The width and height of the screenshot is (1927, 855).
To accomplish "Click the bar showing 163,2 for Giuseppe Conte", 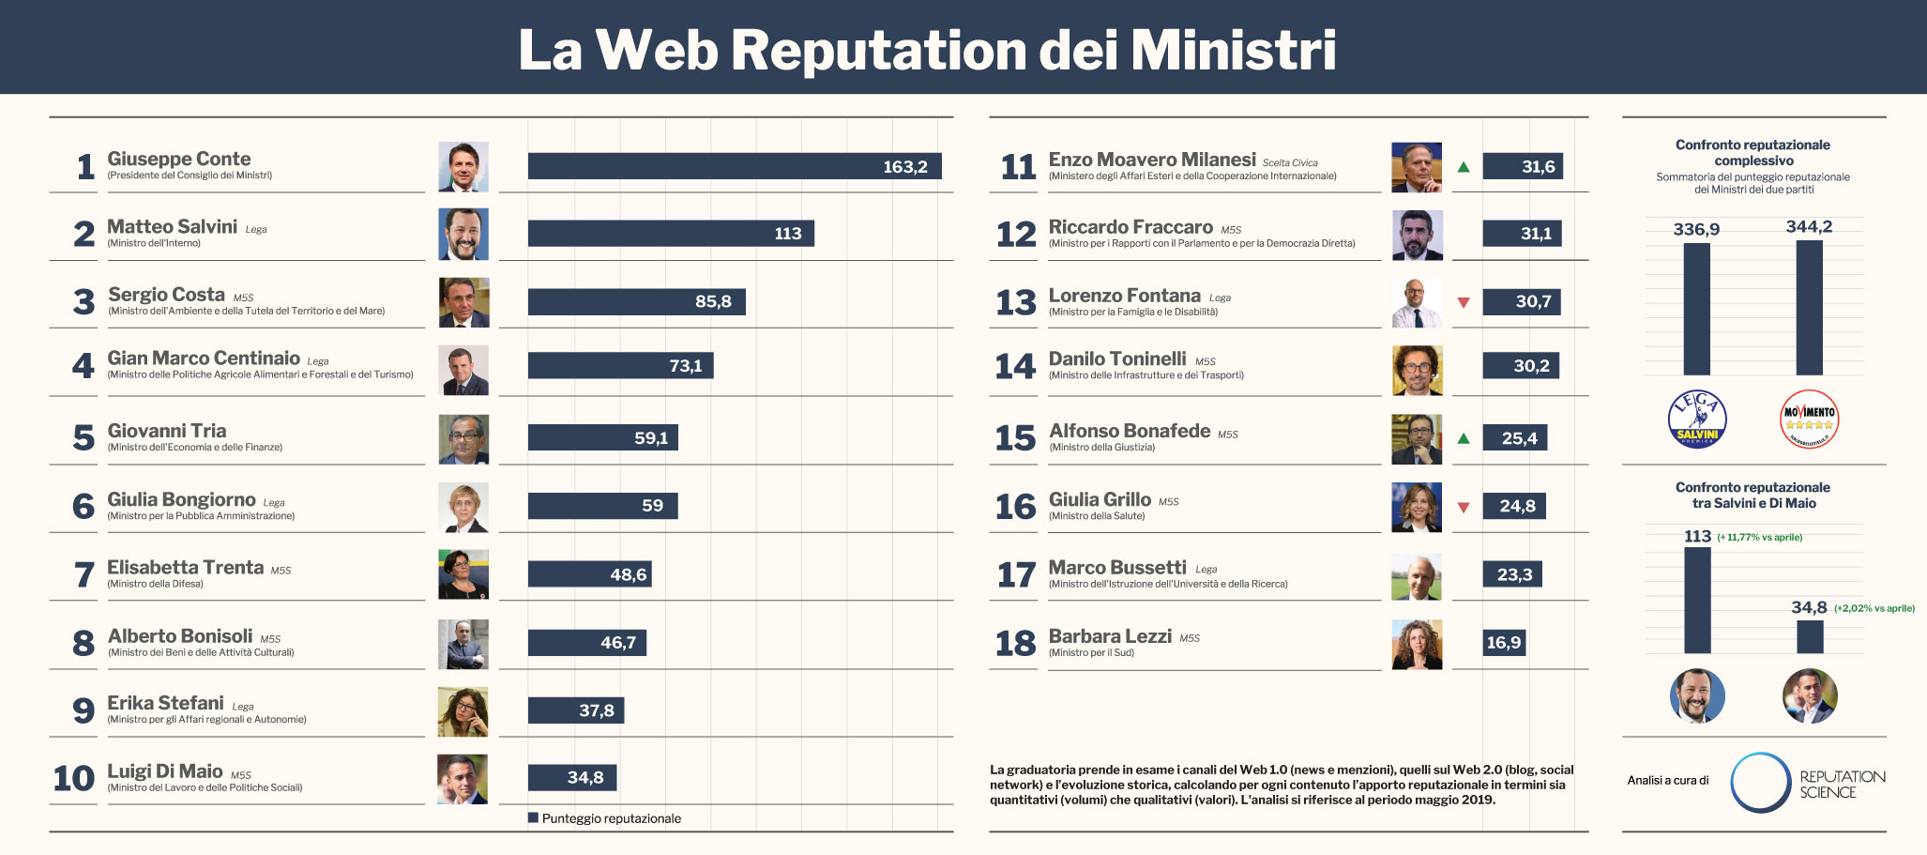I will (x=734, y=166).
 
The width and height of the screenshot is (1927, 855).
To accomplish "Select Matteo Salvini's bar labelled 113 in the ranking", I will (x=670, y=234).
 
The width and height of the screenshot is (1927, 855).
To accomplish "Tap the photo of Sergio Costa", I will (x=463, y=302).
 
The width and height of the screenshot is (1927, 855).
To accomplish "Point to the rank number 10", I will (x=74, y=778).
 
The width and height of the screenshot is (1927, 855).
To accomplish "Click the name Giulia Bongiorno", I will (x=181, y=499).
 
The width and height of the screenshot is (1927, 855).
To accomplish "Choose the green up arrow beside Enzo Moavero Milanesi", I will (x=1463, y=167).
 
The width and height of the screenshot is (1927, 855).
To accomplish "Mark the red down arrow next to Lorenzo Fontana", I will (x=1463, y=302).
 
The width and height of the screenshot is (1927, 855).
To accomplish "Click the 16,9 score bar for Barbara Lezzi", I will (x=1503, y=643).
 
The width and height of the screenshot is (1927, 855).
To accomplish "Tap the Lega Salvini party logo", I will (x=1696, y=419).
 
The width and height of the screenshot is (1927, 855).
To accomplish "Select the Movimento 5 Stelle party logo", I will (x=1809, y=419).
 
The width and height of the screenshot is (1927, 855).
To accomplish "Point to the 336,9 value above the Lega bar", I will (x=1696, y=229).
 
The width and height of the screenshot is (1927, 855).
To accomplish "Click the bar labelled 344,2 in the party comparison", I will (x=1809, y=308).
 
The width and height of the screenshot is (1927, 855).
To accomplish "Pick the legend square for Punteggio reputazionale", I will (x=533, y=817).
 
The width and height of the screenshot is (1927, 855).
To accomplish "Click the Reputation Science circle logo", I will (x=1761, y=782).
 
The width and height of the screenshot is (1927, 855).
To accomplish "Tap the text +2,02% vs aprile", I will (x=1874, y=608).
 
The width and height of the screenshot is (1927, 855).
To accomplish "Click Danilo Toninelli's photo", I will (x=1417, y=371).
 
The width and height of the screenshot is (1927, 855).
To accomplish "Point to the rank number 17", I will (x=1016, y=574).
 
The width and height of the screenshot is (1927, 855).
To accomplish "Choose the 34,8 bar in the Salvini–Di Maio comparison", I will (x=1810, y=636).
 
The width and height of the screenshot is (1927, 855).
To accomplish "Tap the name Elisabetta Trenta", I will (x=185, y=567).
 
